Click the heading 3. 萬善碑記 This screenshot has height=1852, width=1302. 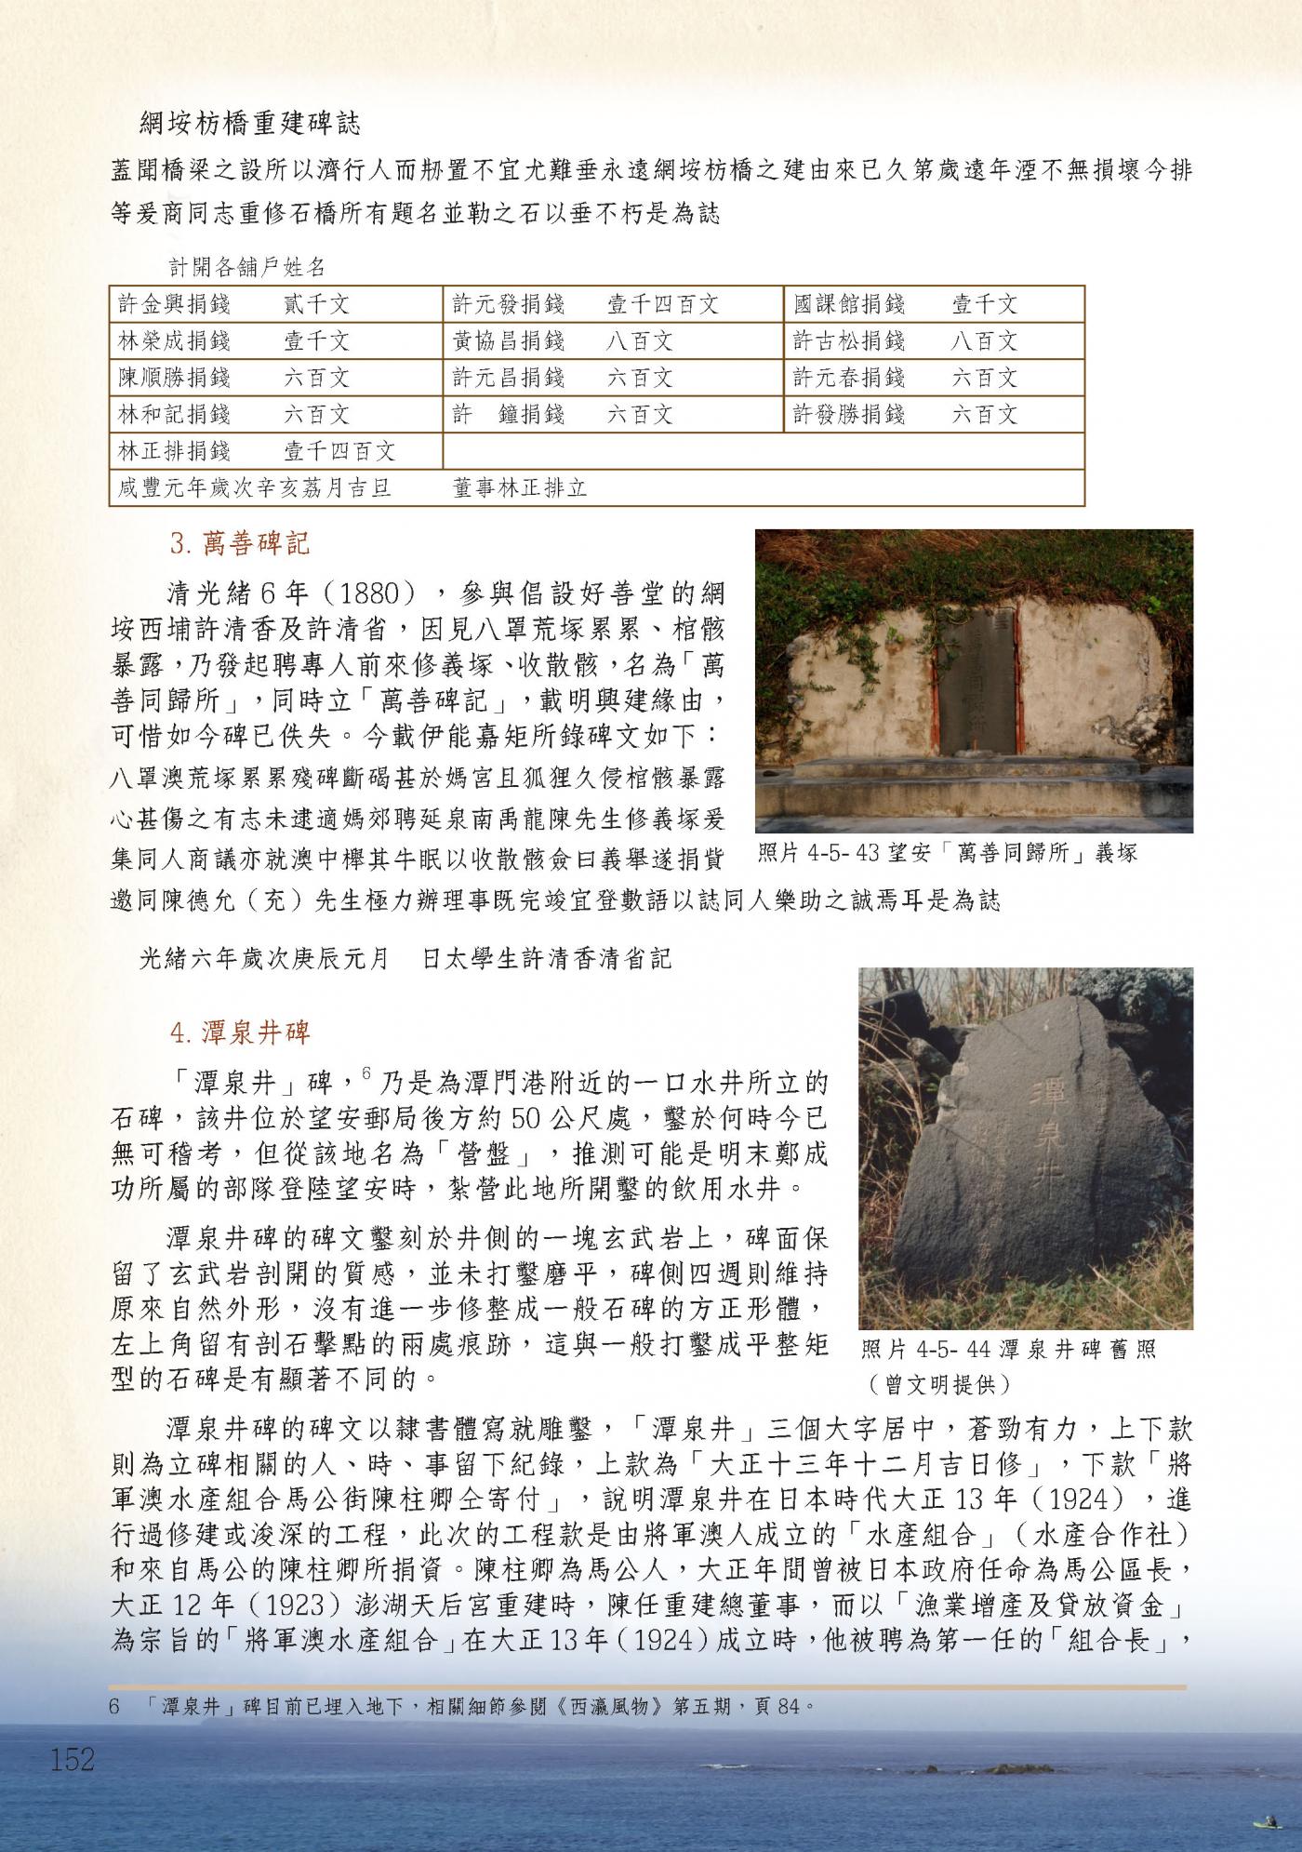tap(239, 543)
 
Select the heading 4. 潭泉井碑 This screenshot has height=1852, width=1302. tap(239, 1033)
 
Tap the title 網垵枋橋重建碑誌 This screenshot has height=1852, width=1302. tap(249, 123)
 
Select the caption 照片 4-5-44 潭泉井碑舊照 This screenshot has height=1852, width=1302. tap(1008, 1349)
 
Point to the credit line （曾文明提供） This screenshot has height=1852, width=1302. tap(939, 1384)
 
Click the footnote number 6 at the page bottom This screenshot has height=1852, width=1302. tap(115, 1707)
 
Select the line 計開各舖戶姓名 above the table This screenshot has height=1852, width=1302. tap(247, 268)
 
